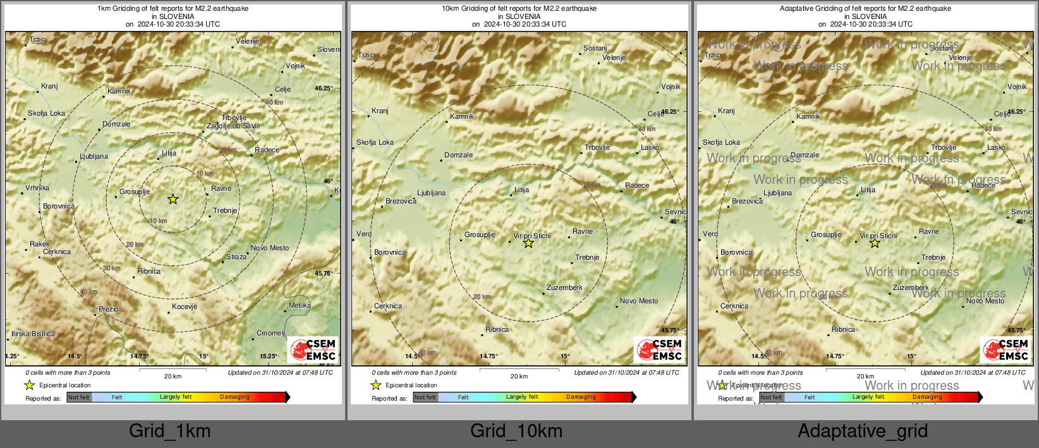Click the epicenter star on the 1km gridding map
[173, 199]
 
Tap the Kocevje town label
[185, 306]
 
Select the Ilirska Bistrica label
[33, 334]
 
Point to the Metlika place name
[300, 305]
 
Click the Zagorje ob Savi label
[233, 126]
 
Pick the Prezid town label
[108, 309]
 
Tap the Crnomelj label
[270, 333]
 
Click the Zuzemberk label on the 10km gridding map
[564, 288]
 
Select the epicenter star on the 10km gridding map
[528, 243]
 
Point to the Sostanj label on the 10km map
[595, 48]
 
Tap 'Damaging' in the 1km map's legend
[234, 397]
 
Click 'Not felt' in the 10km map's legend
[425, 397]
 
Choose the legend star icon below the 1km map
[29, 385]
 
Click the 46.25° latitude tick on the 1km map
[323, 88]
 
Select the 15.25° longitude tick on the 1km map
[268, 356]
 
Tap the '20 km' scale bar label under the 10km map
[519, 376]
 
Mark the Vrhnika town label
[37, 188]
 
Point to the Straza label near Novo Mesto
[236, 257]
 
